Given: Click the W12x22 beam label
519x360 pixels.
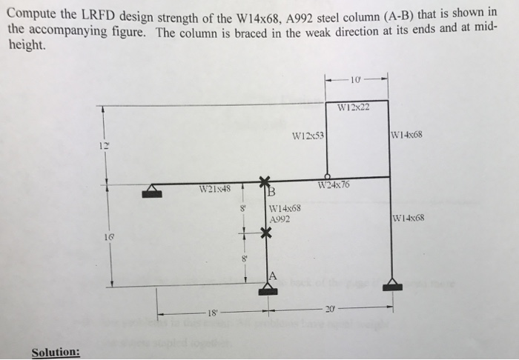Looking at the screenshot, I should pos(352,110).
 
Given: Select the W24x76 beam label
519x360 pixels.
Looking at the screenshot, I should pos(332,184).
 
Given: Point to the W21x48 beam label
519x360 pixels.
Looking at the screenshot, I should pos(214,188).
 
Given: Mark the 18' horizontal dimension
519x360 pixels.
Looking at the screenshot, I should pos(214,314).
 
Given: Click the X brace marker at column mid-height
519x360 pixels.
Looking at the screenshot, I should pos(264,233).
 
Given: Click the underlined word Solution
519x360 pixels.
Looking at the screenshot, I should pos(56,351).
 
